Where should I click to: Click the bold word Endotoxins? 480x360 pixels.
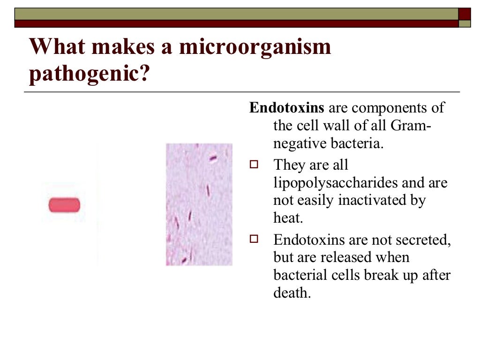[286, 108]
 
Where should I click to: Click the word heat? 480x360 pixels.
[285, 218]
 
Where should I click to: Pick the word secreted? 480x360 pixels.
[425, 240]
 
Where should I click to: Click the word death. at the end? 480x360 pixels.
[292, 293]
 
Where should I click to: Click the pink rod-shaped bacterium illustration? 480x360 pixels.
[64, 205]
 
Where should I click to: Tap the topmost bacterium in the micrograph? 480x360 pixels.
[213, 158]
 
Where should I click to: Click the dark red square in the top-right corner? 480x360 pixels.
[464, 14]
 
